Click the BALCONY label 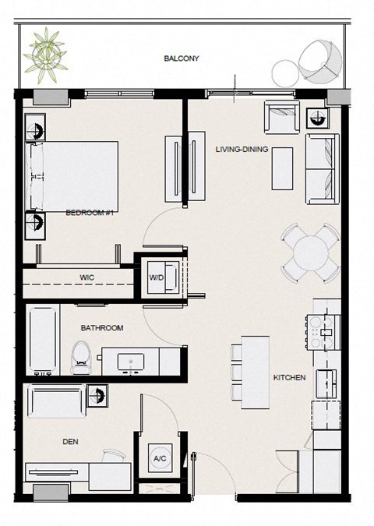[x=182, y=58]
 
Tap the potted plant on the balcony [x=46, y=55]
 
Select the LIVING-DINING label [x=242, y=149]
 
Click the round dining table [x=311, y=252]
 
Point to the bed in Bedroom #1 [x=72, y=176]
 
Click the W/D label [x=157, y=277]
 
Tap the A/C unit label [x=160, y=458]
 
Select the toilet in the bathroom [x=81, y=357]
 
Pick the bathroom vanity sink [x=131, y=362]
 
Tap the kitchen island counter [x=256, y=372]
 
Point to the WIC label [x=86, y=277]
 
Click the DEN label [x=70, y=442]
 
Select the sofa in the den [x=56, y=401]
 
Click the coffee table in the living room [x=282, y=169]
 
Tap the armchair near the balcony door [x=282, y=118]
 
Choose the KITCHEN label [x=290, y=378]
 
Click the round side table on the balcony [x=285, y=74]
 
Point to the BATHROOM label [x=102, y=328]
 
